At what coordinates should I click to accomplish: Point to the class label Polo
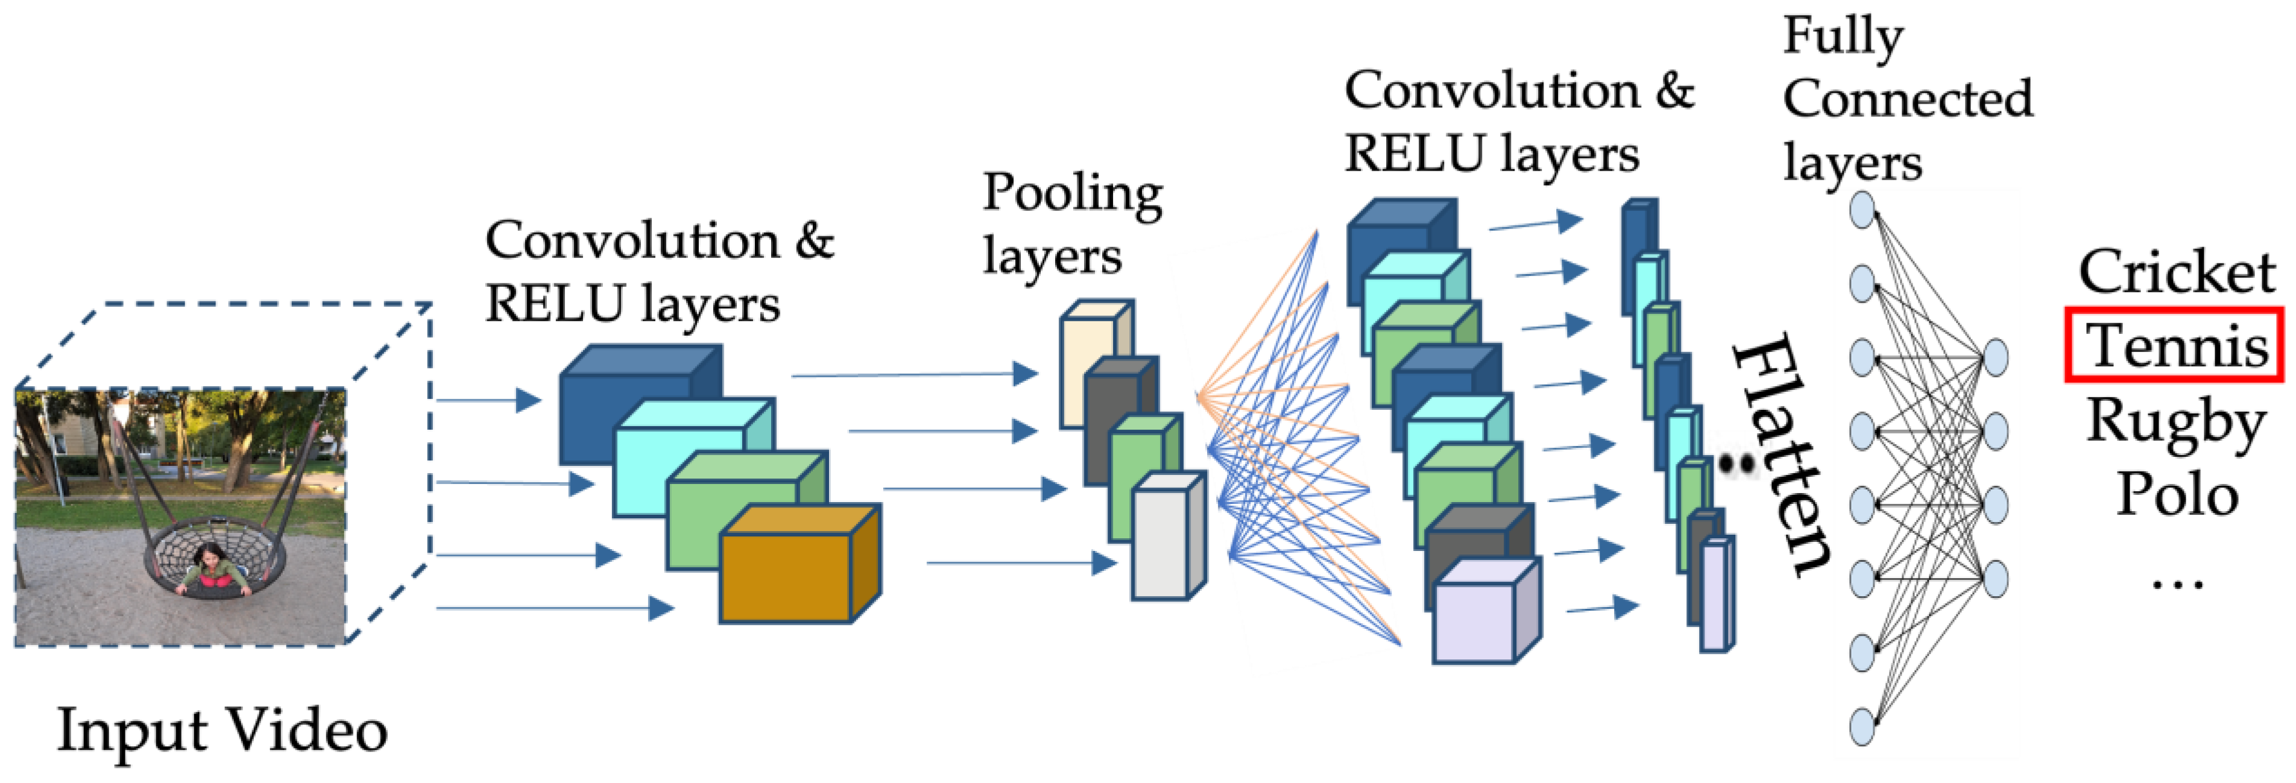2177,494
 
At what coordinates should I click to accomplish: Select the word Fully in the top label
1843,37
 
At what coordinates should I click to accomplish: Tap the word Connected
1907,99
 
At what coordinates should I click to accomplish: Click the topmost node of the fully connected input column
1862,211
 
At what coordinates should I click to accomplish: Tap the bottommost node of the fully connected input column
1862,726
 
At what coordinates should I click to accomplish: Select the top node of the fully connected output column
1995,357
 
